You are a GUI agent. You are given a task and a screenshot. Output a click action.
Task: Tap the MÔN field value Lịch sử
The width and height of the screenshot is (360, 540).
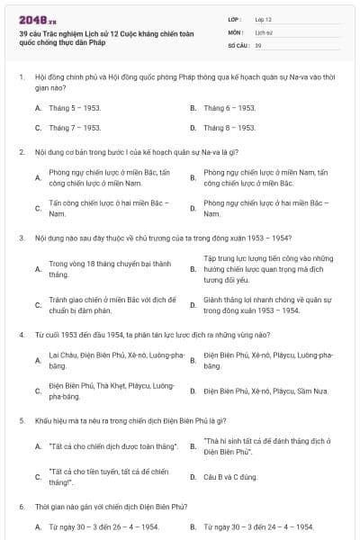pyautogui.click(x=263, y=31)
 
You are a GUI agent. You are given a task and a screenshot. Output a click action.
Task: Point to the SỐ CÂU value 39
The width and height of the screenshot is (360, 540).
pyautogui.click(x=258, y=44)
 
